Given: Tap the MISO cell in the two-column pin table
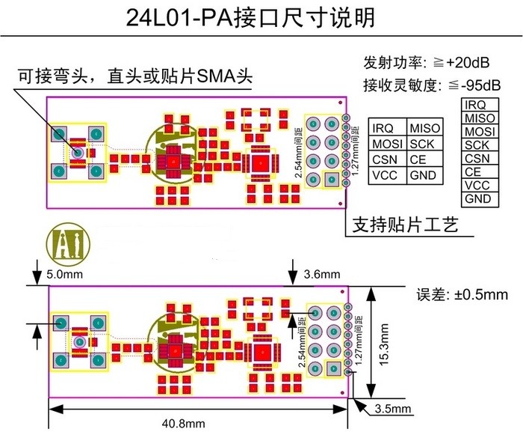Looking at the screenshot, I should pyautogui.click(x=425, y=128).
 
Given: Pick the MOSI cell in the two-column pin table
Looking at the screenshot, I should pyautogui.click(x=387, y=143).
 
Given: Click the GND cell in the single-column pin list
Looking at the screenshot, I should pyautogui.click(x=478, y=199).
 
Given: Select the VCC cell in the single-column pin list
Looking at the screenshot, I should pyautogui.click(x=477, y=186).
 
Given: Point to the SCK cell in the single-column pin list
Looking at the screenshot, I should pyautogui.click(x=477, y=145).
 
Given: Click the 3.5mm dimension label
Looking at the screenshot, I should pyautogui.click(x=393, y=409).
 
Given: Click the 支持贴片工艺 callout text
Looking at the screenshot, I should pyautogui.click(x=404, y=225).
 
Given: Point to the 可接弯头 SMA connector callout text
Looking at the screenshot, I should pyautogui.click(x=134, y=76).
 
